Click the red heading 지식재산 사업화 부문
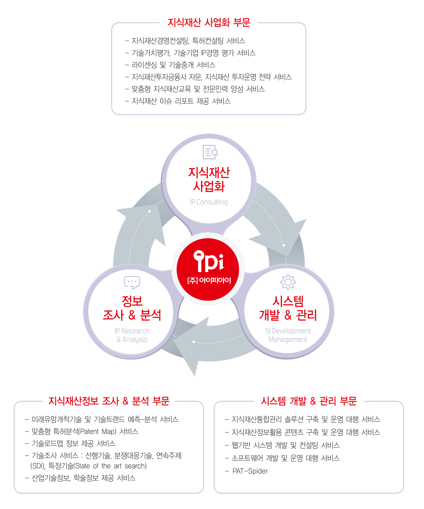click(x=209, y=23)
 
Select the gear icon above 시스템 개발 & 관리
click(x=288, y=282)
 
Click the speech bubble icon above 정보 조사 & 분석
click(x=132, y=283)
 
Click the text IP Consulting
click(x=209, y=202)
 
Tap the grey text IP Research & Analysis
click(x=132, y=335)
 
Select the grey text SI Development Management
click(x=288, y=335)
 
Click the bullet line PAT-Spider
click(x=247, y=471)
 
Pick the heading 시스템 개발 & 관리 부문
click(x=309, y=401)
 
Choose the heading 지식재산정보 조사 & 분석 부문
click(x=109, y=401)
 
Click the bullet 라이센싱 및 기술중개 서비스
click(x=170, y=65)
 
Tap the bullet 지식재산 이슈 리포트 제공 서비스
click(x=178, y=101)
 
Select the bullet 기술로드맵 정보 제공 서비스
click(x=70, y=444)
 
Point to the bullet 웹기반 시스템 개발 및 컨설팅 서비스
click(x=282, y=445)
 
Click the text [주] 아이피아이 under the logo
click(x=209, y=280)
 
